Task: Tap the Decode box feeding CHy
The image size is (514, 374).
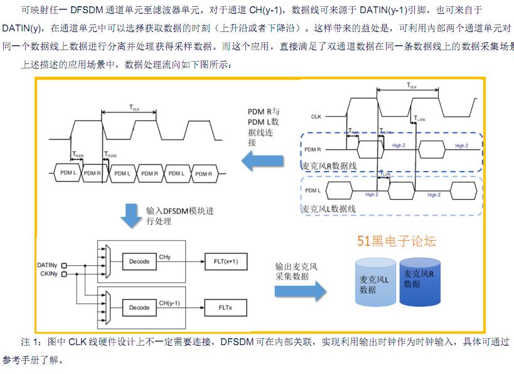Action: (139, 260)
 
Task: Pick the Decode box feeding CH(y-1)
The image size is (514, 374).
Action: (139, 308)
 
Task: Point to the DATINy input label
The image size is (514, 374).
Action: (47, 265)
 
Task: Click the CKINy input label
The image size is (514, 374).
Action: (47, 274)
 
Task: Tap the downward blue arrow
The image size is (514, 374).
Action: (131, 215)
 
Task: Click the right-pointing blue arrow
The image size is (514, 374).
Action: (301, 290)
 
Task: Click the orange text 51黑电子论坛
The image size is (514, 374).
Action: (396, 241)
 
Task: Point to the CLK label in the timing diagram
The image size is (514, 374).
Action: (316, 117)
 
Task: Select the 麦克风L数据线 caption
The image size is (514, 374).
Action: (328, 209)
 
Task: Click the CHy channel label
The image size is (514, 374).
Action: (165, 257)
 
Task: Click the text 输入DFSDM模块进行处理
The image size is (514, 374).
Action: (179, 216)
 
